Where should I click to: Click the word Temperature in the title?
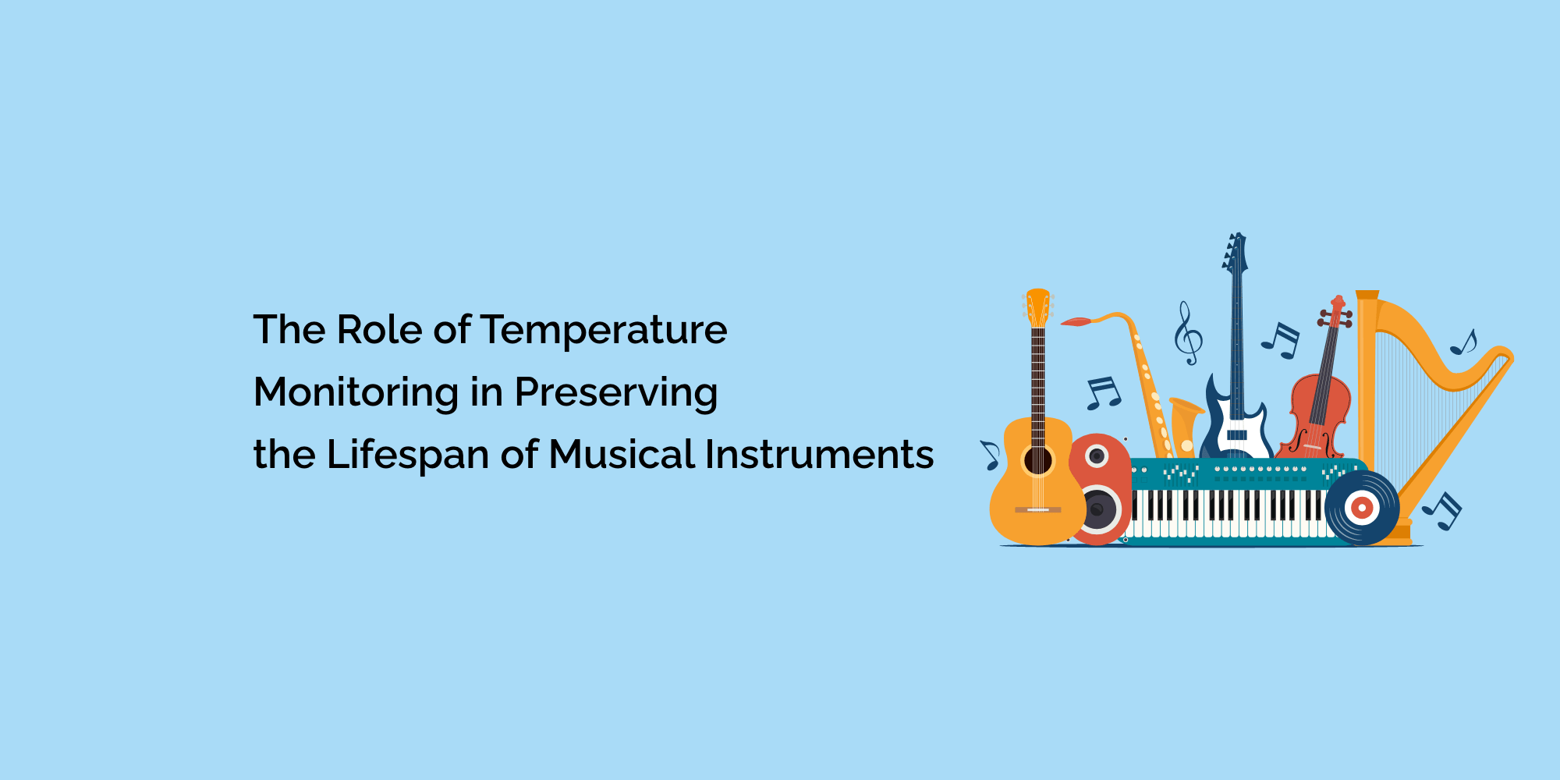point(604,331)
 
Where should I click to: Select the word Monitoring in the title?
point(356,393)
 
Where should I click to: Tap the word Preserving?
point(616,393)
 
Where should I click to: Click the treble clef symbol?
point(1188,334)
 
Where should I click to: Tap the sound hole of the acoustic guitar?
point(1038,461)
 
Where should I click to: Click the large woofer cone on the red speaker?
point(1097,509)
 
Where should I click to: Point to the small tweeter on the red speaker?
point(1097,456)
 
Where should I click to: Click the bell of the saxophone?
point(1185,426)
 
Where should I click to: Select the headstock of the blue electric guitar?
point(1235,253)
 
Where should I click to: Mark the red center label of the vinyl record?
point(1362,509)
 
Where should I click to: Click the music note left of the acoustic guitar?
point(991,456)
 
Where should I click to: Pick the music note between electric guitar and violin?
point(1281,341)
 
